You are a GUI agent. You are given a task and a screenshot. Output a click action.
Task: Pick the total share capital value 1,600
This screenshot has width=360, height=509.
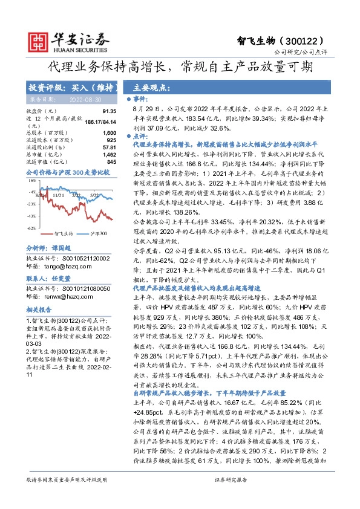(109, 132)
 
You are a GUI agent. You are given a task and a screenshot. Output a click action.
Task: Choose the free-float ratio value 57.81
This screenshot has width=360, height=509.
(109, 147)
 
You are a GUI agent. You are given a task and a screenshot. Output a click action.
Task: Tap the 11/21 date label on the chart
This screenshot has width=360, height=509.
(58, 195)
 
